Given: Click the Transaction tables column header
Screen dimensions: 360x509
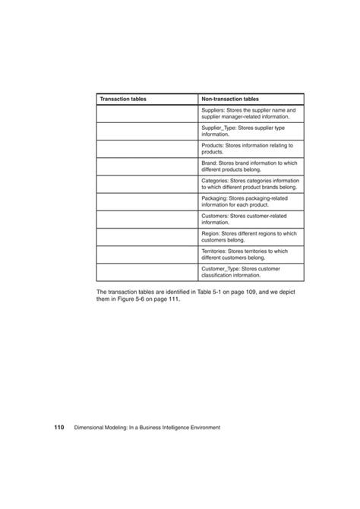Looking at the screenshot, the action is (124, 100).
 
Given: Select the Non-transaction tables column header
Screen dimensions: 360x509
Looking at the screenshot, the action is (230, 100).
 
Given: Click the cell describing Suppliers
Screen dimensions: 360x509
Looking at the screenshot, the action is (249, 114).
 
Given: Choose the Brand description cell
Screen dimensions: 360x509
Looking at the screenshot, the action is (249, 166).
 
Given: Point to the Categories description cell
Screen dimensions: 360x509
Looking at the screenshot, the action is (250, 184).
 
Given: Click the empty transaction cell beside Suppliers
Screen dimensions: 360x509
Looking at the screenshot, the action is (147, 114).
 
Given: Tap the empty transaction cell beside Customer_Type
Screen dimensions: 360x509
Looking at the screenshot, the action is (147, 271).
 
